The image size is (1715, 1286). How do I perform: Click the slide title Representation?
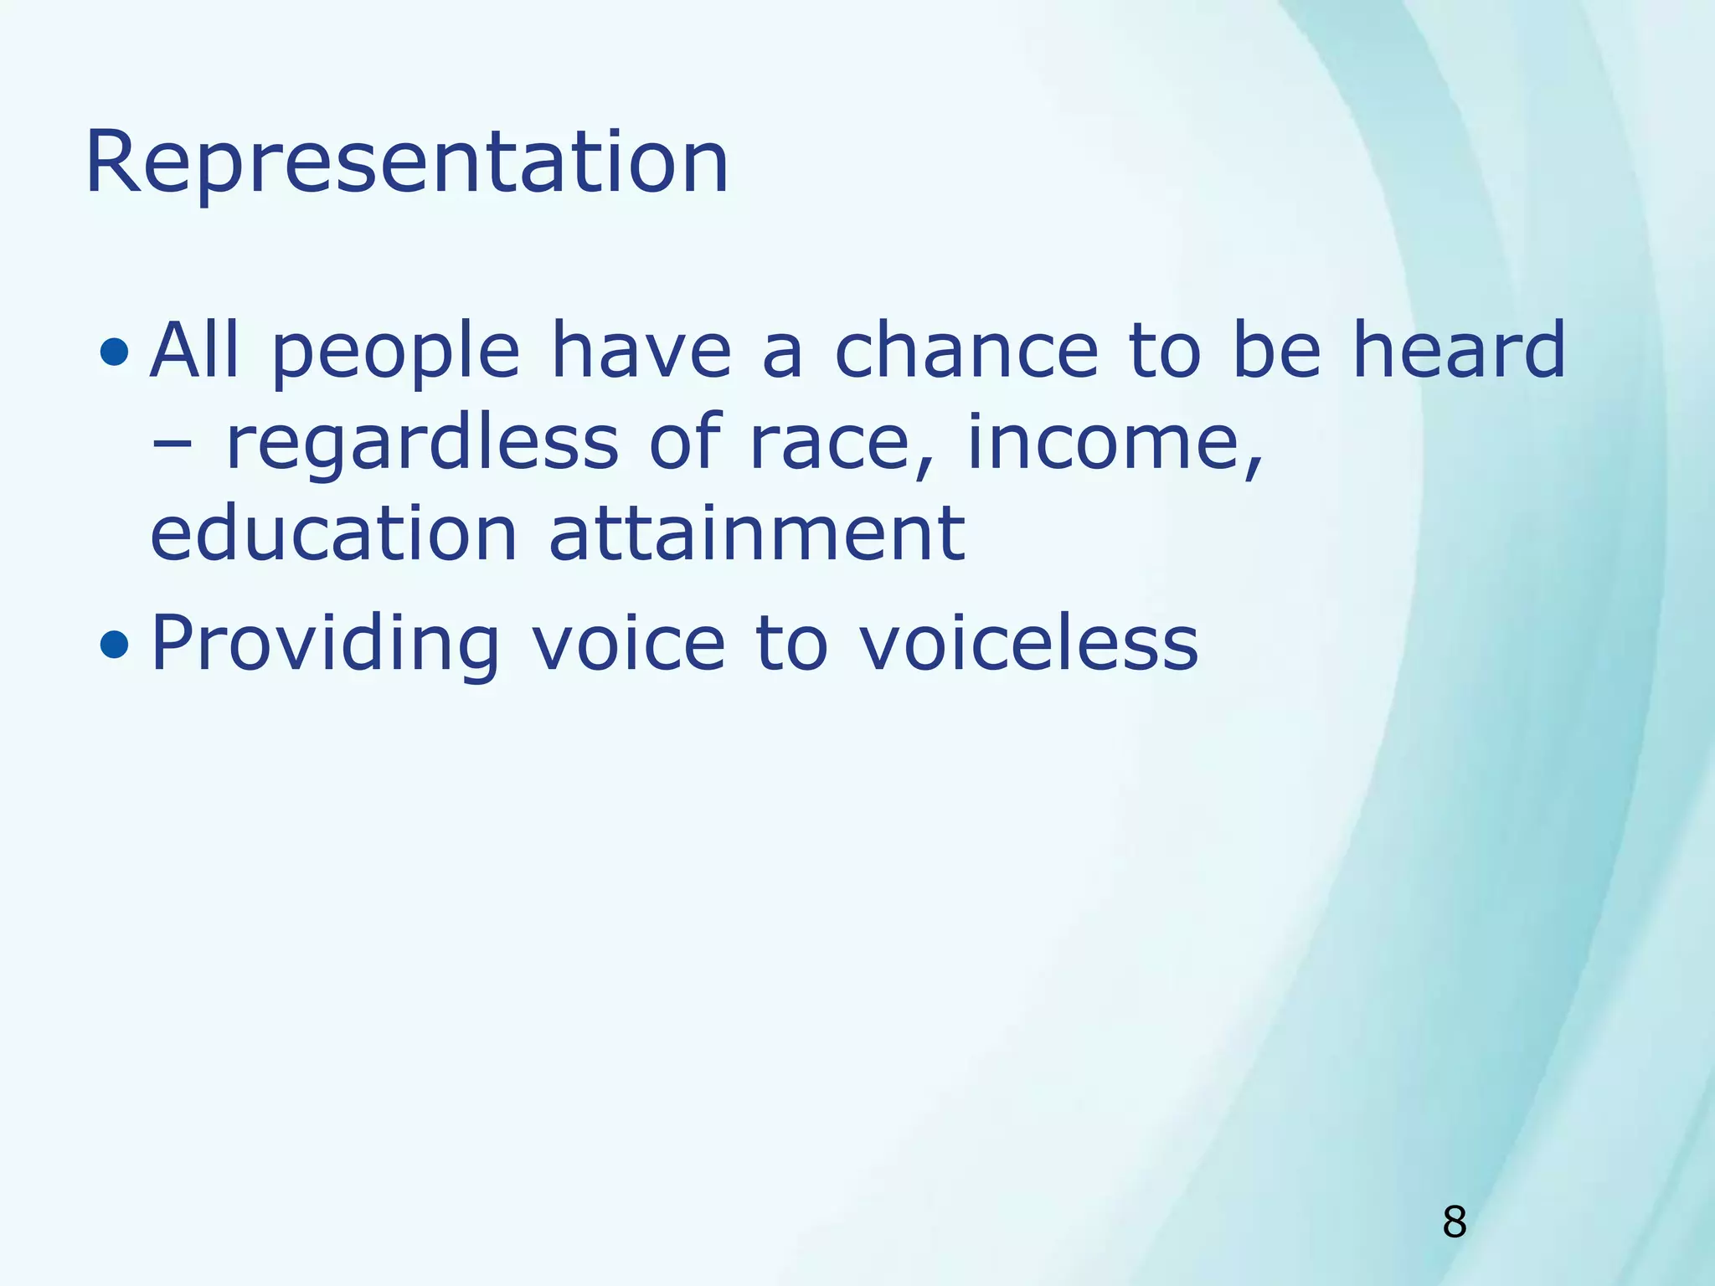(x=407, y=163)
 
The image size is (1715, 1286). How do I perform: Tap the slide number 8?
(x=1454, y=1222)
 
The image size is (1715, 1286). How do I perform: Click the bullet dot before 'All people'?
(x=114, y=352)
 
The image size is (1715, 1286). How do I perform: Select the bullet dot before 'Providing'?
(x=114, y=645)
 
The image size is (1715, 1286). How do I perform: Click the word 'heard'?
(x=1458, y=349)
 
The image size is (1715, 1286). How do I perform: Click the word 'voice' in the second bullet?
(x=629, y=643)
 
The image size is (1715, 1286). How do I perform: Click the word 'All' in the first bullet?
(x=194, y=349)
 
